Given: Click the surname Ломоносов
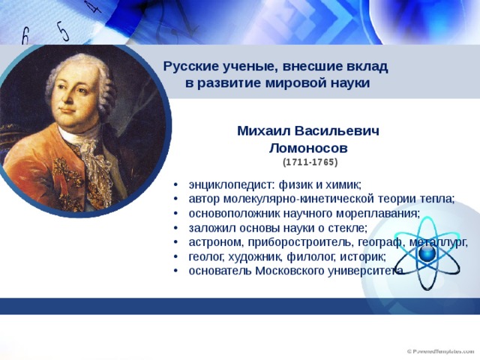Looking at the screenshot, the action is pos(308,148).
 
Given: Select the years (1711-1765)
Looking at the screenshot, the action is pos(310,162).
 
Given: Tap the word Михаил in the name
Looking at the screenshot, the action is pos(263,130).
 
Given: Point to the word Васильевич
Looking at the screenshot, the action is pos(337,130).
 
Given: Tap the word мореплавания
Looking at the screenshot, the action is pos(378,213).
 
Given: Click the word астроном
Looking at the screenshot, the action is pos(216,242).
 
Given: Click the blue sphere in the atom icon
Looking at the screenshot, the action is pos(427,253).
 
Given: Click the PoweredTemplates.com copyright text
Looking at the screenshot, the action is pos(440,351).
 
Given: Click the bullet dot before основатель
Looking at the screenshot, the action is pos(175,271).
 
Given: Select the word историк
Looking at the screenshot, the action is pos(363,256).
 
